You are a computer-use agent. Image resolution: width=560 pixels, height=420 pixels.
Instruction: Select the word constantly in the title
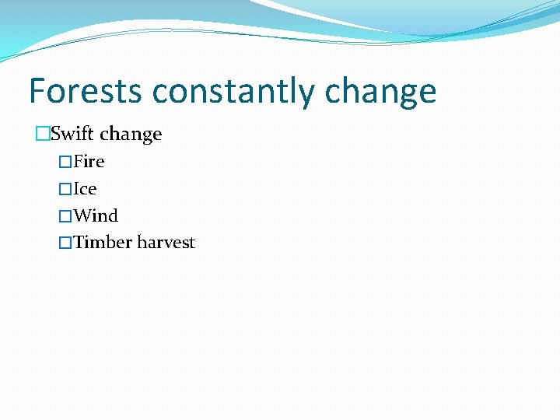pos(234,93)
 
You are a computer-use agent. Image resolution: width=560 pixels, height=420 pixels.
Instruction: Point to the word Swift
pos(72,134)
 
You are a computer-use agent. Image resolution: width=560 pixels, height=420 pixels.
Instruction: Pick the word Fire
pos(89,162)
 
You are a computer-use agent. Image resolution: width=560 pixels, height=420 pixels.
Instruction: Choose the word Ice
pos(85,188)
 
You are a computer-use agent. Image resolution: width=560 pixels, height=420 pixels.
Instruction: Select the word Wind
pos(95,215)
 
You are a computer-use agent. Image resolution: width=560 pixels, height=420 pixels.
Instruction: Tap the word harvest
pos(166,243)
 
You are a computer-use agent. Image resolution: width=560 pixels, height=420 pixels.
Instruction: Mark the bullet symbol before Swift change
pos(42,135)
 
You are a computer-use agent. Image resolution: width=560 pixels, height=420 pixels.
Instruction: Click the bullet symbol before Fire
pos(65,162)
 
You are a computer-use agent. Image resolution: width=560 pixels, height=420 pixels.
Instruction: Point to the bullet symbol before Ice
pos(65,189)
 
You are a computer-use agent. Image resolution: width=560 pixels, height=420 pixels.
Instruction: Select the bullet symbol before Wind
pos(65,216)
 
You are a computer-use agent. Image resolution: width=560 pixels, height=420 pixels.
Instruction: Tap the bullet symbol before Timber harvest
pos(65,243)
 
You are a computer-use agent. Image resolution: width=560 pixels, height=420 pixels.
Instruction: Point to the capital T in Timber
pos(79,243)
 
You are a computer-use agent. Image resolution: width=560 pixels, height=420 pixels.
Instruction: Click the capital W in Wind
pos(82,215)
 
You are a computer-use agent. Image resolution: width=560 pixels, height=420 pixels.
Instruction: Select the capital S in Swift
pos(56,134)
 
